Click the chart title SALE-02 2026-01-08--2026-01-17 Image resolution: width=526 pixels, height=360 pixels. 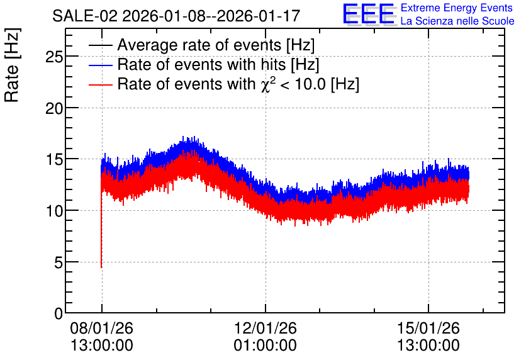point(176,16)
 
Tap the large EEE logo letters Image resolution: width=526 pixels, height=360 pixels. point(368,14)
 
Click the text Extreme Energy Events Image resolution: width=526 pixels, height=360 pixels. point(456,8)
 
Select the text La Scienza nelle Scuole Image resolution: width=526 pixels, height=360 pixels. point(457,21)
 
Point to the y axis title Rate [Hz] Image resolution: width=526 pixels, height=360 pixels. point(12,65)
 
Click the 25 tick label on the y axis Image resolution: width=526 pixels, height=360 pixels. point(54,57)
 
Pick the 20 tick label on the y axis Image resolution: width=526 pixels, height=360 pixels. point(54,108)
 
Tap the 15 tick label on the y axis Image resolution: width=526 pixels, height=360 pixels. point(54,160)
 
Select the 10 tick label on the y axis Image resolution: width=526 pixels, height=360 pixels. point(54,211)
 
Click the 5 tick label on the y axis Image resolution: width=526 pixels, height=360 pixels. point(59,262)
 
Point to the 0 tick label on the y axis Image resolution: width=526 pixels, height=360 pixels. point(59,314)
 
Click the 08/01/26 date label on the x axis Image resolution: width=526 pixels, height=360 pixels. point(102,328)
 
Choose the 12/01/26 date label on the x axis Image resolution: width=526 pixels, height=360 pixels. point(266,328)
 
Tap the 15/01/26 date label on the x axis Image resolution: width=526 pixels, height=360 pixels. point(428,328)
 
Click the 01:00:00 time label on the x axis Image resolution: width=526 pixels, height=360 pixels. point(266,346)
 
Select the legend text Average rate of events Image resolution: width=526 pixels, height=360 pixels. point(199,45)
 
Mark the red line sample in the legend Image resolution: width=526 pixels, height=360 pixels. point(101,84)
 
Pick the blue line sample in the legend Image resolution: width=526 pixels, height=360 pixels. point(101,65)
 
